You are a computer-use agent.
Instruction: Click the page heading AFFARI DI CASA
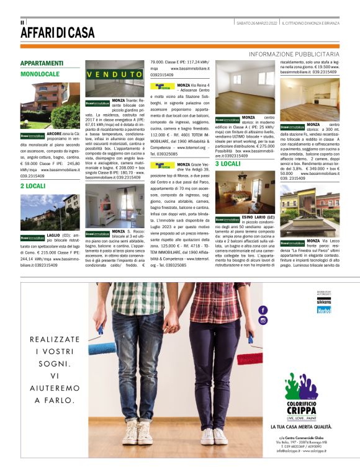click(57, 32)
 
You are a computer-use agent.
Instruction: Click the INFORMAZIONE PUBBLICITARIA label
click(294, 55)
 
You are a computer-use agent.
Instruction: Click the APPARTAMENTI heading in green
click(42, 63)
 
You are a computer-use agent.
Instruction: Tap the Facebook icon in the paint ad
click(263, 309)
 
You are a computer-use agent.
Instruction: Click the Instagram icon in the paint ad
click(263, 320)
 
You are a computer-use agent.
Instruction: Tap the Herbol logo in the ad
click(325, 309)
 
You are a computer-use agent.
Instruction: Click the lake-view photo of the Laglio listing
click(40, 212)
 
